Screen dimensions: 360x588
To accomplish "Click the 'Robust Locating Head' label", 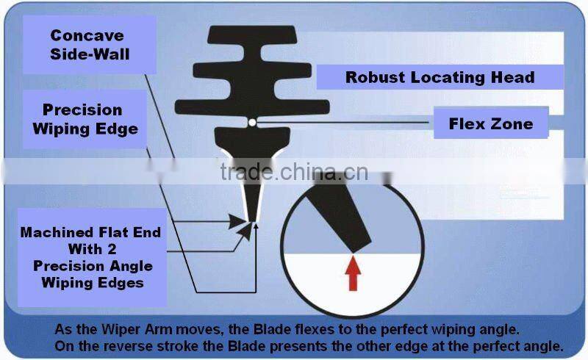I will (440, 77).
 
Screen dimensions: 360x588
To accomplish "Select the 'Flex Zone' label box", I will (490, 123).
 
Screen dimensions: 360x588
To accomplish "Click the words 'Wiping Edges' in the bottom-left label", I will (91, 281).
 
